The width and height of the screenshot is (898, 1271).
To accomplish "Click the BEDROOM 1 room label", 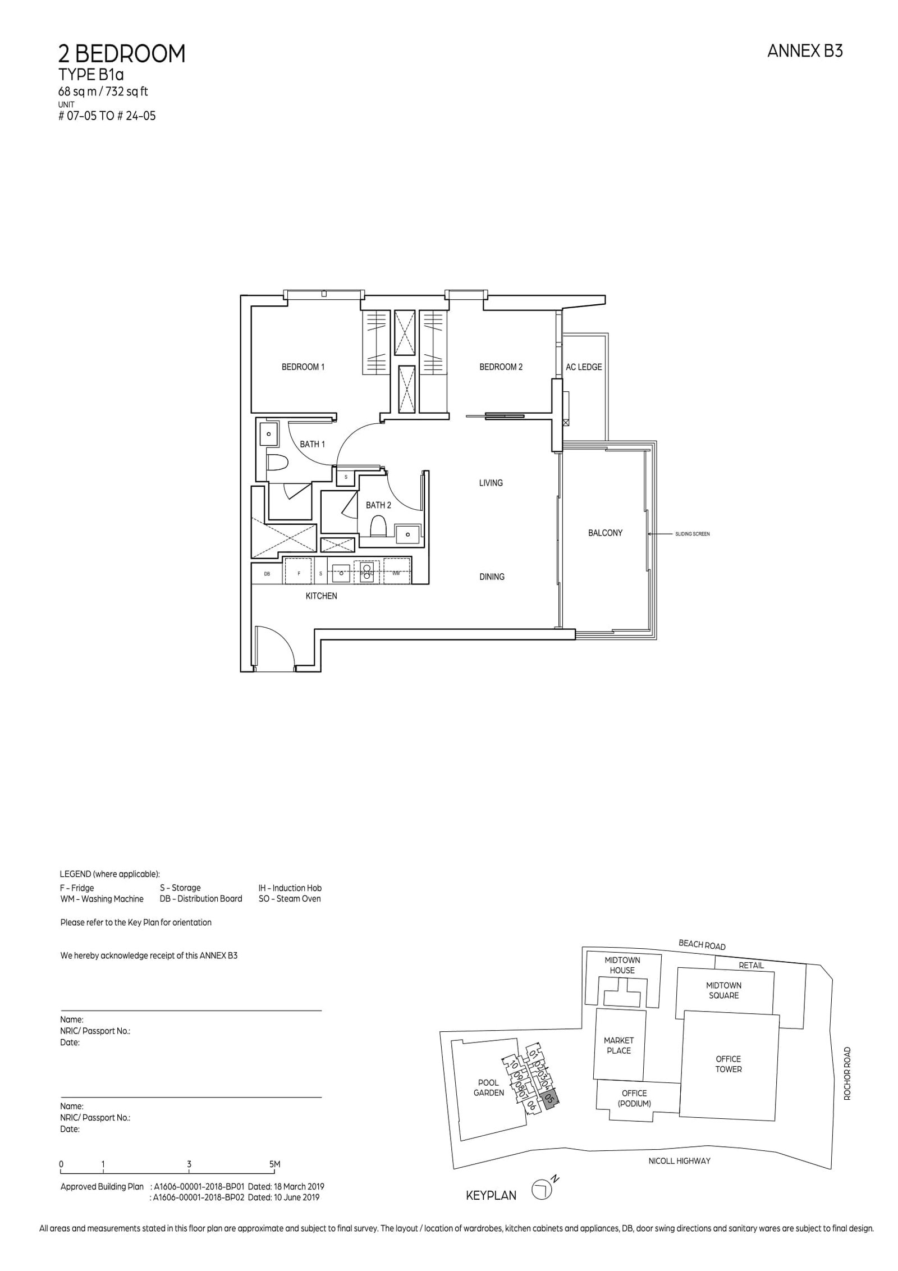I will [x=303, y=367].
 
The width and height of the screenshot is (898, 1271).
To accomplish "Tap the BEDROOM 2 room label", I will [x=501, y=367].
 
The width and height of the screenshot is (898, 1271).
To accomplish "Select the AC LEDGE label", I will [x=584, y=367].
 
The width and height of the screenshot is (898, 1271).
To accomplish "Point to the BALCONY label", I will [x=605, y=533].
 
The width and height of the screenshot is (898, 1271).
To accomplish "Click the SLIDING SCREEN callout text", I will [x=693, y=534].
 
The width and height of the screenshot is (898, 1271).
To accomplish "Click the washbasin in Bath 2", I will [x=407, y=534].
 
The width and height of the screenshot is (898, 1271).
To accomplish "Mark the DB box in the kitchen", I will [x=267, y=574].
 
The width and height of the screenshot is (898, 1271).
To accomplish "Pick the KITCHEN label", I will [x=321, y=596].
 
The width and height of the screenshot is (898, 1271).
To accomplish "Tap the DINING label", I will [x=492, y=577].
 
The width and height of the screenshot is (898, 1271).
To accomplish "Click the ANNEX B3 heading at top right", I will [x=805, y=52].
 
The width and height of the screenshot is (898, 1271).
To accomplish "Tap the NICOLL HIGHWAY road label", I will [x=679, y=1160].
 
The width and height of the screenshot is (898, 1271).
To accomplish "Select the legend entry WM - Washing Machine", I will [x=102, y=899].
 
